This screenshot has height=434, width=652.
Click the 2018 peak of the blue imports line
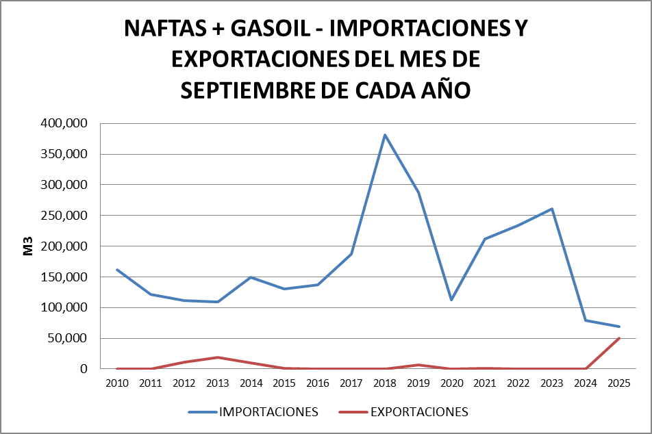click(385, 135)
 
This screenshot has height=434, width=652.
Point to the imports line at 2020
click(452, 300)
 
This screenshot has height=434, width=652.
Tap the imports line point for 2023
click(552, 209)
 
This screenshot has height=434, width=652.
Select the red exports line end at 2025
click(619, 338)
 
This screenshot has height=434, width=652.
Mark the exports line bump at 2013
click(217, 357)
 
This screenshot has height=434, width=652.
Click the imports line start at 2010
click(117, 270)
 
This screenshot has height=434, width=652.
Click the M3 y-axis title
click(28, 246)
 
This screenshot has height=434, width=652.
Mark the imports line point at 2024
click(586, 320)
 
